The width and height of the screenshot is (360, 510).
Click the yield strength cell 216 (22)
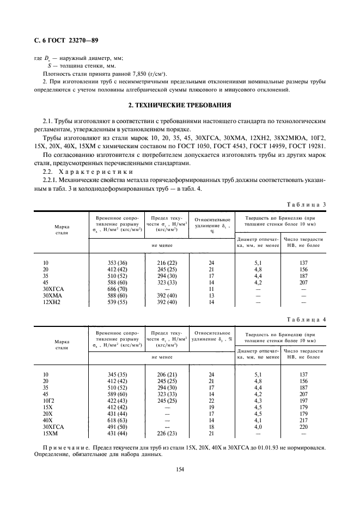coord(166,263)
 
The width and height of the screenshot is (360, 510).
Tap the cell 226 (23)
coord(166,433)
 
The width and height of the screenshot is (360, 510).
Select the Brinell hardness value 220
coord(304,427)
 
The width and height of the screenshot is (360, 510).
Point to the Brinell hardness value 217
coord(304,420)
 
